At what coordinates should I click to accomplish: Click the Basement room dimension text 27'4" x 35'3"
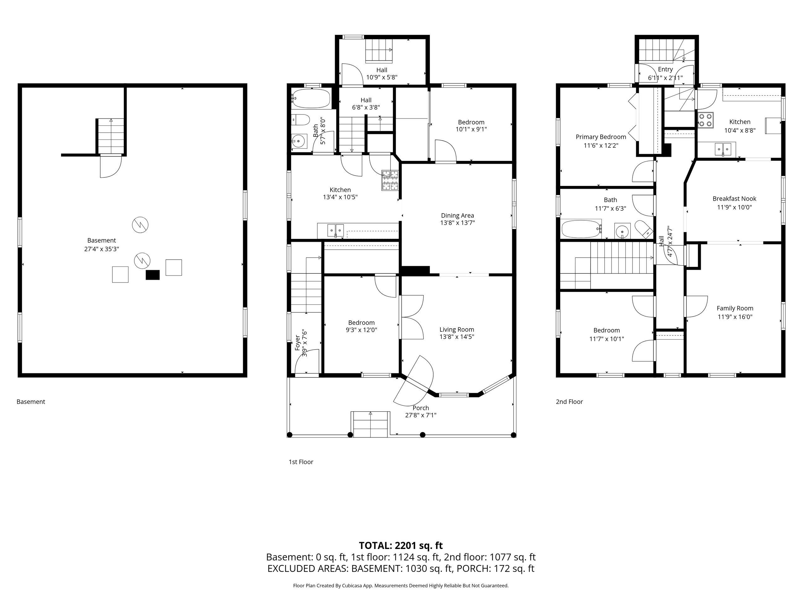(x=102, y=249)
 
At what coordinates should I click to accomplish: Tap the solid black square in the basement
(x=153, y=275)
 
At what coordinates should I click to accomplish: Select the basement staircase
(x=111, y=136)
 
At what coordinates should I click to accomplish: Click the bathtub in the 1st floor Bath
(x=311, y=98)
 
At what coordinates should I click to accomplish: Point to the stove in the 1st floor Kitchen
(x=390, y=180)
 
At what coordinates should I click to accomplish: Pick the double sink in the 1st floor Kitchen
(x=336, y=230)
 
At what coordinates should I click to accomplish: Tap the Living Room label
(x=457, y=330)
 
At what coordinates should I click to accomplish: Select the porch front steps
(x=370, y=424)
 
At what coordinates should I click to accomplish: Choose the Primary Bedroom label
(x=601, y=137)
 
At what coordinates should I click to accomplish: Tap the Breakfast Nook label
(x=735, y=198)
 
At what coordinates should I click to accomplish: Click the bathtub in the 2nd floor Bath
(x=581, y=229)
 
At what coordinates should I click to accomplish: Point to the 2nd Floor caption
(x=569, y=402)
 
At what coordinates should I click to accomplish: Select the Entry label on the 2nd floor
(x=665, y=69)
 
